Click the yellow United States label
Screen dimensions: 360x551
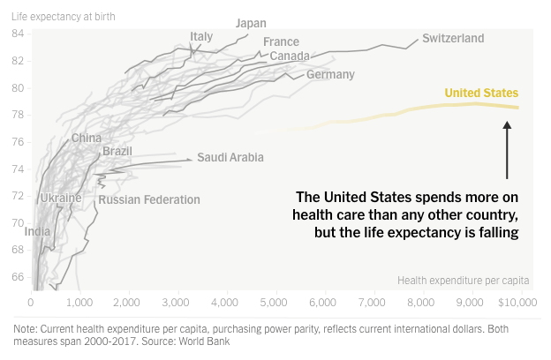[x=481, y=93]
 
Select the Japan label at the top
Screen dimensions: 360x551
[x=252, y=23]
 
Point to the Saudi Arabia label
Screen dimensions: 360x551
[x=230, y=158]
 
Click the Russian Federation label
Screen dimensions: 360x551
[x=149, y=199]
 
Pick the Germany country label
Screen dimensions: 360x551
[x=330, y=75]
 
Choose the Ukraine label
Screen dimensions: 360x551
[x=61, y=198]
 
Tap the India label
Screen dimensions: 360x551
[x=38, y=232]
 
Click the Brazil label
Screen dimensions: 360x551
[x=117, y=151]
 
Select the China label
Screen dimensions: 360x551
[x=87, y=138]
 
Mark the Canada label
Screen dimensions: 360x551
[x=289, y=56]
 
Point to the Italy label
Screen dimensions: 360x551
[x=201, y=36]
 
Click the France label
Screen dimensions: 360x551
[x=281, y=41]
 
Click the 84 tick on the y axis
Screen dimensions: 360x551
[x=18, y=34]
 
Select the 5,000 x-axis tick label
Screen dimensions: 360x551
[x=276, y=303]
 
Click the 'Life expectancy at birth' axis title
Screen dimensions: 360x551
[x=63, y=15]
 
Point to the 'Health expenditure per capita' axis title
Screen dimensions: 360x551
[x=463, y=281]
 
